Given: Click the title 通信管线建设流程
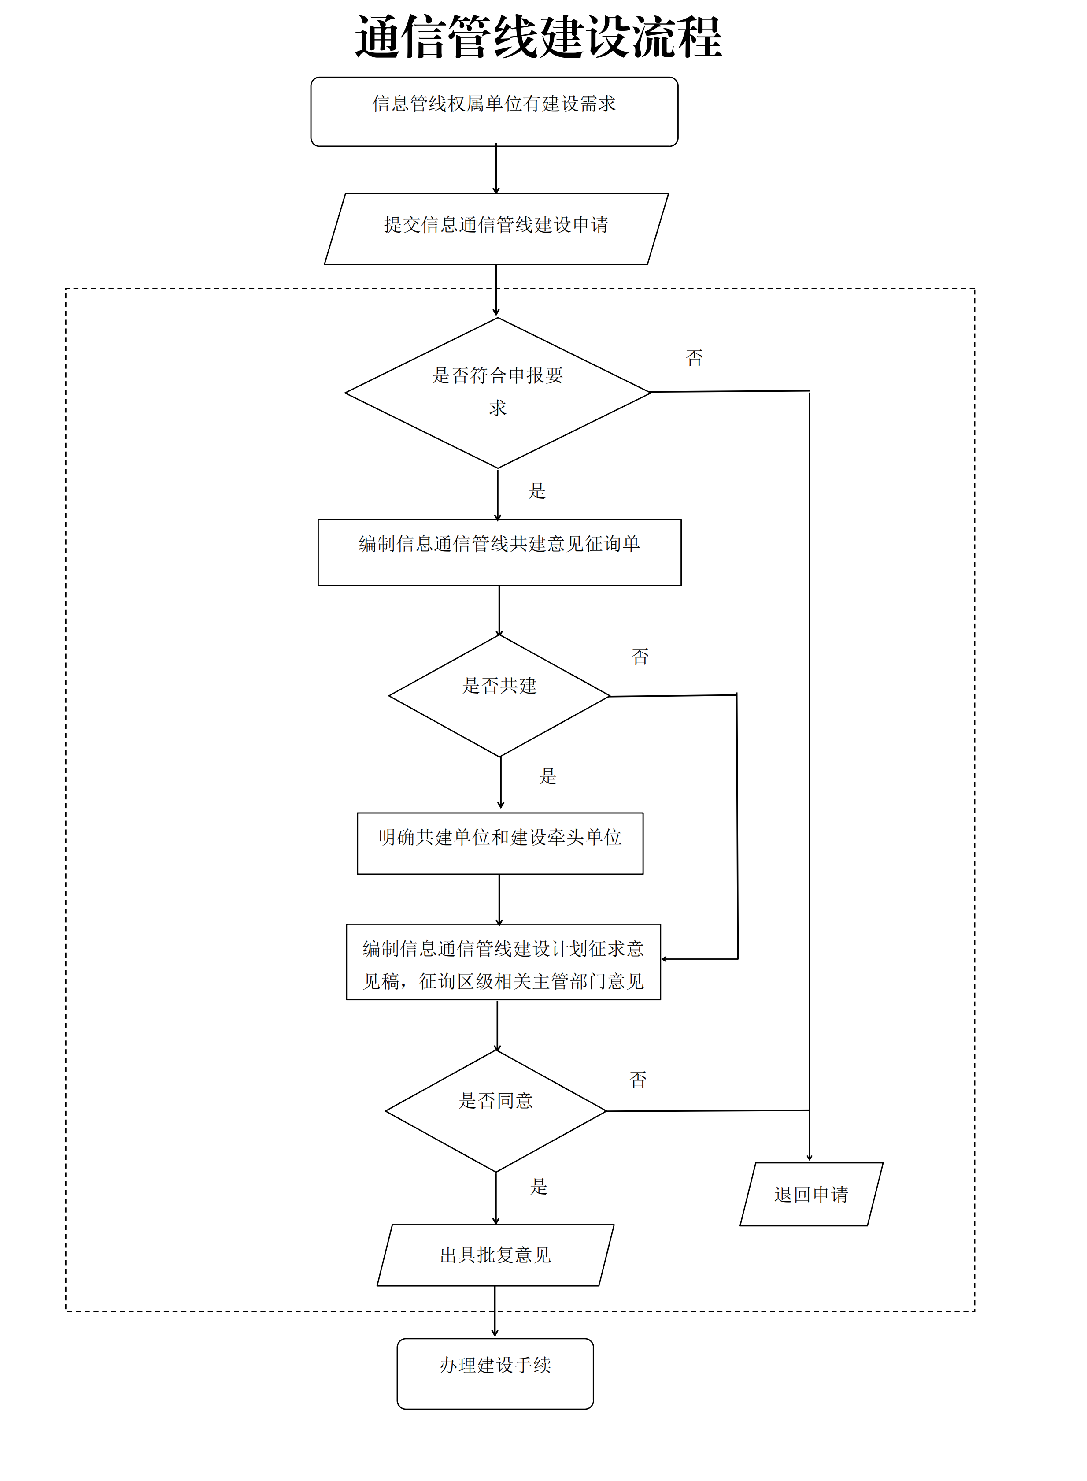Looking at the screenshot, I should [x=538, y=37].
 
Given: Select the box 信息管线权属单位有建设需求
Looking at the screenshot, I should [x=494, y=111].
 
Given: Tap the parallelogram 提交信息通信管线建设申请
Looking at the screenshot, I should [x=496, y=228].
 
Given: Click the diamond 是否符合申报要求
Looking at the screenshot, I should [x=497, y=392].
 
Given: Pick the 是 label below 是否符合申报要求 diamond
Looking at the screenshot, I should [x=537, y=490].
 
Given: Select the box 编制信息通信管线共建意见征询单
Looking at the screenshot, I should [x=499, y=552].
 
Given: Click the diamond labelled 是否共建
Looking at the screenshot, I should [x=499, y=694].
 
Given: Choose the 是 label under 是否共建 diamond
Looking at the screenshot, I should [x=548, y=776].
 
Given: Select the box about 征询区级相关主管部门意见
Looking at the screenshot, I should [x=503, y=961].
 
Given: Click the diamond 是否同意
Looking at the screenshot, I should [x=495, y=1110].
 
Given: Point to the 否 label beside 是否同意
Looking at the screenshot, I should [x=638, y=1079].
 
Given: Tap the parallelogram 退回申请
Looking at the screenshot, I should [x=811, y=1193].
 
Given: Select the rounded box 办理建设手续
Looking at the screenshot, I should [x=495, y=1373].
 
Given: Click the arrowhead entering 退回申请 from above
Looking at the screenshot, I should [x=810, y=1158].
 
